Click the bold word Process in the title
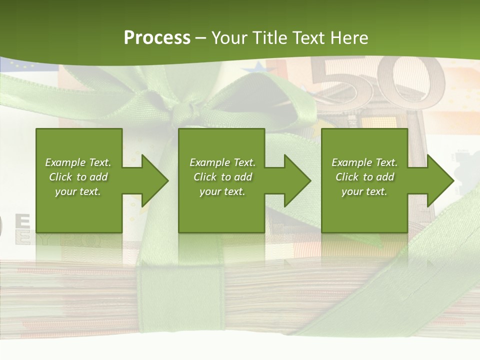click(x=157, y=38)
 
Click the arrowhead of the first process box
click(x=155, y=180)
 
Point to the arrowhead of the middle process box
click(x=297, y=180)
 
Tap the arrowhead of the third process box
click(x=440, y=180)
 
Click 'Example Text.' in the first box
click(x=78, y=162)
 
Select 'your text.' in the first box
click(x=78, y=191)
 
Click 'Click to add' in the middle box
click(x=222, y=177)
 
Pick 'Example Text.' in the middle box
click(x=222, y=162)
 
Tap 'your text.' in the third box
click(x=364, y=191)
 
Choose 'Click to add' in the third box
click(x=364, y=177)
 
